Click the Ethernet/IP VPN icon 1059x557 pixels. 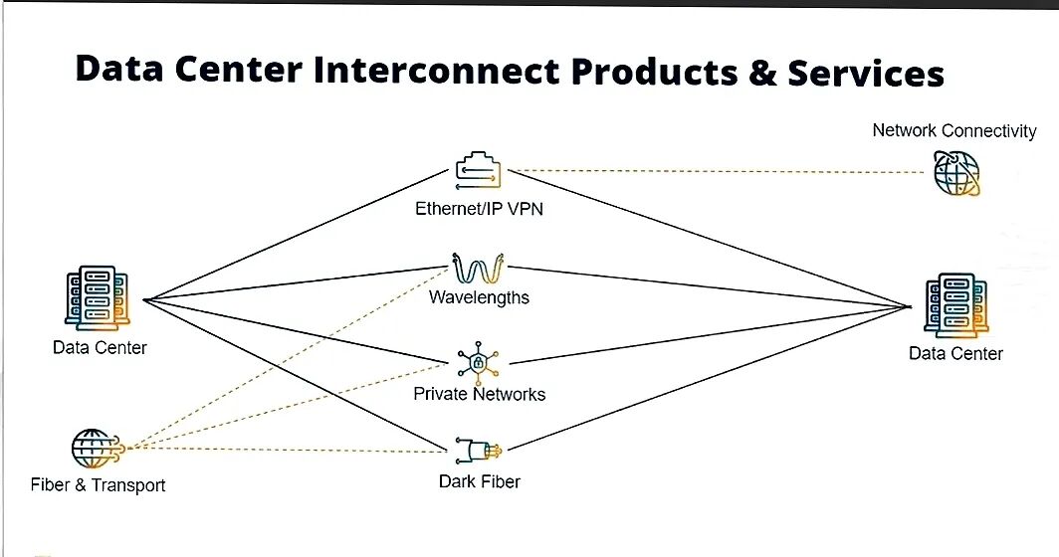[x=479, y=171]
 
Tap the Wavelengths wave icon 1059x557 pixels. [x=478, y=269]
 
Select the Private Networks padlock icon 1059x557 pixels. [x=478, y=363]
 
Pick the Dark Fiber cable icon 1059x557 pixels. [x=479, y=451]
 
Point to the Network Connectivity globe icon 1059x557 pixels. [x=956, y=173]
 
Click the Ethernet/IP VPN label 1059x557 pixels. [x=479, y=209]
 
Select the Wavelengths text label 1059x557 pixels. [x=479, y=297]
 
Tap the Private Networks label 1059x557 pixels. [x=479, y=394]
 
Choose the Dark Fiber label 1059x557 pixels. [x=480, y=482]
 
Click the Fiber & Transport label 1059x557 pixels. [x=98, y=485]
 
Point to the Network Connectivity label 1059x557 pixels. [x=954, y=131]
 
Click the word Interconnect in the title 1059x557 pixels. [x=436, y=71]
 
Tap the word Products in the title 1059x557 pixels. [x=655, y=72]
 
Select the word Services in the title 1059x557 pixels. [x=866, y=73]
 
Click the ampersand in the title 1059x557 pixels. [x=762, y=73]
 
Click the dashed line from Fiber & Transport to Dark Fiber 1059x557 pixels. [x=287, y=449]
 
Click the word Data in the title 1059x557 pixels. [x=118, y=69]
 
